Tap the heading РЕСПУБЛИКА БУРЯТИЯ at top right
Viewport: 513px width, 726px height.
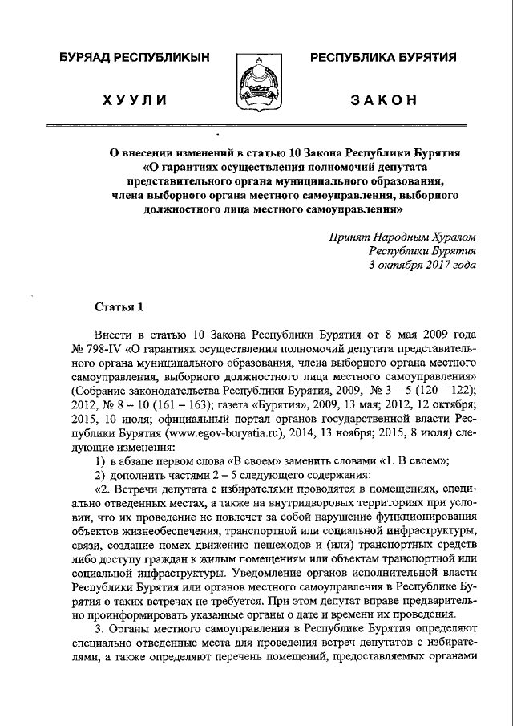click(383, 58)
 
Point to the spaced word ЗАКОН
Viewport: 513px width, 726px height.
click(383, 99)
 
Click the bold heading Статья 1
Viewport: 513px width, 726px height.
click(119, 306)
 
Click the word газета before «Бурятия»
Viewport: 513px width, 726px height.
click(200, 402)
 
